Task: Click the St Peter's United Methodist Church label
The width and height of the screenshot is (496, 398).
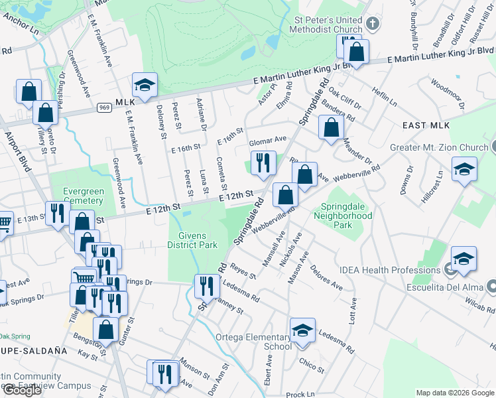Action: tap(328, 25)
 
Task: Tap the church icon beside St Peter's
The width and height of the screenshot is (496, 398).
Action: tap(373, 25)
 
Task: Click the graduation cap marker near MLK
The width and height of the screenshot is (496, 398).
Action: tap(145, 85)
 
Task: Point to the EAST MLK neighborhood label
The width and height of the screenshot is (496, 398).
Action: tap(426, 125)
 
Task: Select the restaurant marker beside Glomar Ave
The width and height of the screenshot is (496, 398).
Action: tap(263, 163)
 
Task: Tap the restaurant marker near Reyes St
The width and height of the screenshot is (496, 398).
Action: tap(207, 286)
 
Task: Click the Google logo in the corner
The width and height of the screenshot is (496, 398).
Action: tap(22, 390)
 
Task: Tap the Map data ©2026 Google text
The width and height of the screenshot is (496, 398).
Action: tap(455, 393)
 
